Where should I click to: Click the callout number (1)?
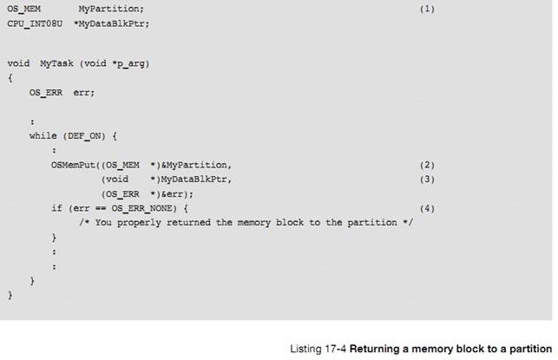click(x=427, y=9)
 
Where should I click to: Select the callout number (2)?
click(x=427, y=165)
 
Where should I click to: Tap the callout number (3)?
click(x=427, y=180)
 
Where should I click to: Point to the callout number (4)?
click(x=427, y=208)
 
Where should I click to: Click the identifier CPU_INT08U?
click(x=35, y=23)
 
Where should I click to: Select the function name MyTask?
click(x=57, y=63)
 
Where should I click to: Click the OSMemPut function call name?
click(x=73, y=165)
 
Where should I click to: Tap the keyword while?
click(x=43, y=136)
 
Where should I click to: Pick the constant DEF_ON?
click(x=84, y=136)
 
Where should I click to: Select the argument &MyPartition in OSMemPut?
click(x=194, y=165)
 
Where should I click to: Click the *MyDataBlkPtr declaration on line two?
click(x=110, y=23)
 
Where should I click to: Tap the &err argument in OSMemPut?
click(x=174, y=194)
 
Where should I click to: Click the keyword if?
click(x=57, y=208)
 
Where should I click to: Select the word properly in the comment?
click(x=139, y=223)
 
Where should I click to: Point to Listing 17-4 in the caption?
click(x=318, y=349)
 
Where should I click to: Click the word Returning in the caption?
click(x=375, y=349)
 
